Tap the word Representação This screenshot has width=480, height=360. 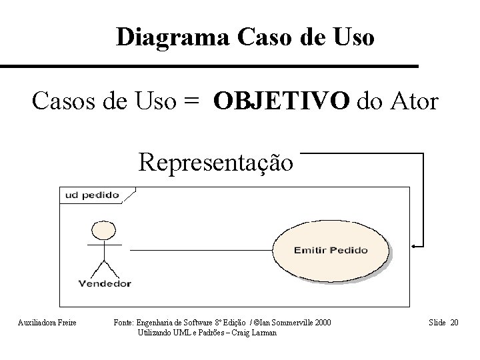215,162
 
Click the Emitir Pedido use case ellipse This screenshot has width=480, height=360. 329,250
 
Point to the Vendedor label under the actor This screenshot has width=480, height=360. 105,283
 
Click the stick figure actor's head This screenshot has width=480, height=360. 104,231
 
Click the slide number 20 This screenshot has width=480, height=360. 455,323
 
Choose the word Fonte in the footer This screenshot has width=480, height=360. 124,323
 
